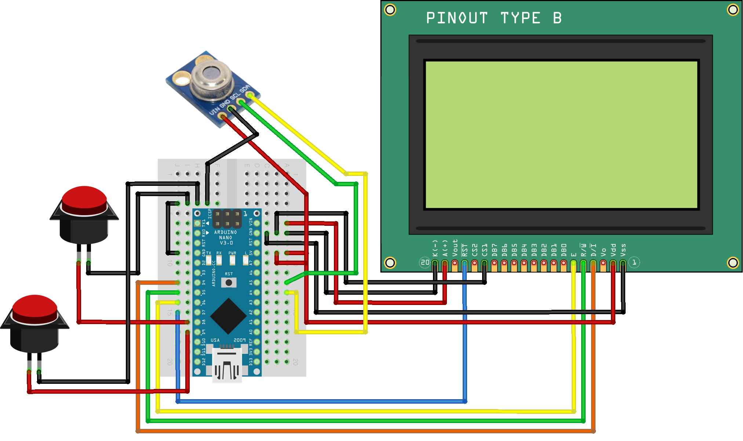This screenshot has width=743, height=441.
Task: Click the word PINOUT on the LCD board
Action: pyautogui.click(x=457, y=18)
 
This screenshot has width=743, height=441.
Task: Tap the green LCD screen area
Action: pyautogui.click(x=561, y=135)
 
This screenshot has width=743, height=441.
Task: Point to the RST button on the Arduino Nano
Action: pyautogui.click(x=229, y=282)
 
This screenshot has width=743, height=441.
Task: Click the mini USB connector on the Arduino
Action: pyautogui.click(x=227, y=365)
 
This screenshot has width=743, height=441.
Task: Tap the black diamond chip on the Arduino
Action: pyautogui.click(x=228, y=316)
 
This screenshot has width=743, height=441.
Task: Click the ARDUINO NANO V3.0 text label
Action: pyautogui.click(x=226, y=238)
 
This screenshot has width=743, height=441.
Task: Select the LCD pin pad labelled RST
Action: pyautogui.click(x=465, y=263)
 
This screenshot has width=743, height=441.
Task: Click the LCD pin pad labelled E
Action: pyautogui.click(x=573, y=263)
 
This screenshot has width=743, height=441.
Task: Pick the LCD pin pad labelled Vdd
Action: pyautogui.click(x=613, y=263)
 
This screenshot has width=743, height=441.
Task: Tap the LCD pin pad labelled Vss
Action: pyautogui.click(x=623, y=263)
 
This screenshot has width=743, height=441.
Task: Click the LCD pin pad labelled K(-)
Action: pyautogui.click(x=435, y=263)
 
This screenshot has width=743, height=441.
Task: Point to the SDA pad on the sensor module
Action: pyautogui.click(x=250, y=95)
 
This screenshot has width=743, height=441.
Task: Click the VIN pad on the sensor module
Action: pyautogui.click(x=222, y=117)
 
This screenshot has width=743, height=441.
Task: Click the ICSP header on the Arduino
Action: pyautogui.click(x=227, y=218)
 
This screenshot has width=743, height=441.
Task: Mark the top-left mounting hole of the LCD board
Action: pyautogui.click(x=390, y=10)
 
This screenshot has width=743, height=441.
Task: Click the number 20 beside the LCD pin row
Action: pyautogui.click(x=425, y=262)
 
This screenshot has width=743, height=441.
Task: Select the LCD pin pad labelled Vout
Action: pyautogui.click(x=455, y=263)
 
